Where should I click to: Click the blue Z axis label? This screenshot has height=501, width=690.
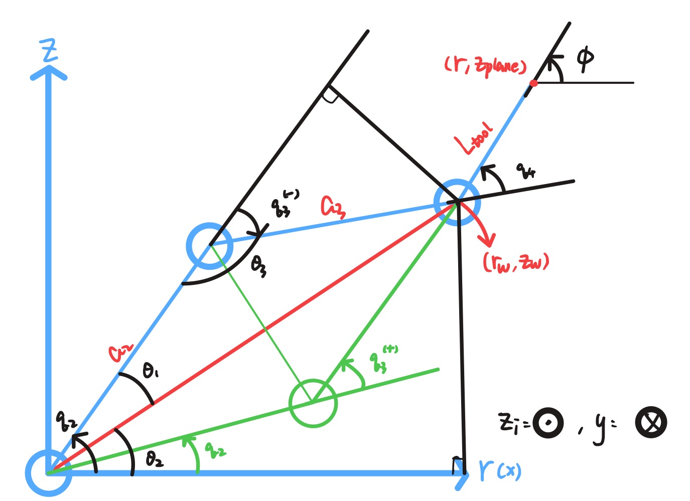pos(49,52)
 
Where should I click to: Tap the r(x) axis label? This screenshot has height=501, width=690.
pos(500,470)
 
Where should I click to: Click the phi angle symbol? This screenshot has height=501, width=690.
pos(585,59)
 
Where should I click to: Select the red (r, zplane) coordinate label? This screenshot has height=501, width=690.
pos(485,65)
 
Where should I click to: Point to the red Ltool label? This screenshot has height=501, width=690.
pos(474,138)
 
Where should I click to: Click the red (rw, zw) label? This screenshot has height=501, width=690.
pos(516,262)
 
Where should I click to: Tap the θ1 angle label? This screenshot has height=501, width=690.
pos(151,372)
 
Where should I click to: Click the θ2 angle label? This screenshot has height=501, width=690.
pos(154,459)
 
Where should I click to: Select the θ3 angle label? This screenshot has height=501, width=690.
pos(258,266)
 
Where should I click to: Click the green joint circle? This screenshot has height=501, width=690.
pos(313,403)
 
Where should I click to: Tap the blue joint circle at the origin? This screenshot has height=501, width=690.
pos(48,472)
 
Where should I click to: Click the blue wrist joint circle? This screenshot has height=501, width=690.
pos(457,202)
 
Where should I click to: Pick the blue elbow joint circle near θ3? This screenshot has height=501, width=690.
pos(210,246)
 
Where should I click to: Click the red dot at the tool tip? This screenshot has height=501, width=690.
pos(534,83)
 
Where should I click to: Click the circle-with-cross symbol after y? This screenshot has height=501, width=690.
pos(651,423)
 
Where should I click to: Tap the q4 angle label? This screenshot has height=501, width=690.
pos(526,172)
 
